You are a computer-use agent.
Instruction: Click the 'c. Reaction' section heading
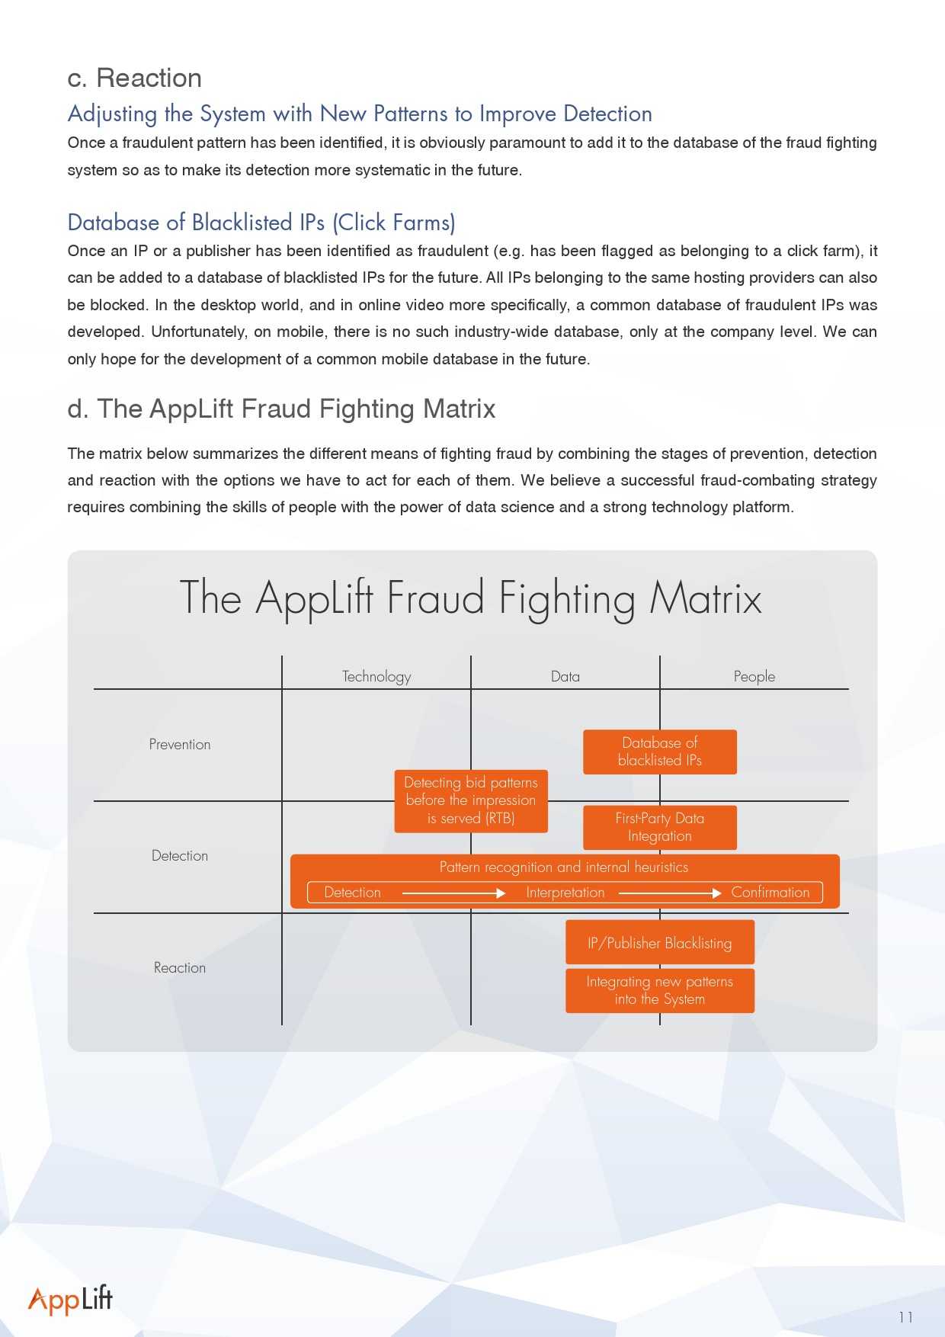(135, 78)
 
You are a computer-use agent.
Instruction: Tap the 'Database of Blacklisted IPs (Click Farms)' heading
(261, 223)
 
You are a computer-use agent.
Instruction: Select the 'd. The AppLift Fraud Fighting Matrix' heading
(281, 409)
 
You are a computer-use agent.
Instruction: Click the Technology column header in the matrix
(376, 676)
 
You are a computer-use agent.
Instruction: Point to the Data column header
(565, 676)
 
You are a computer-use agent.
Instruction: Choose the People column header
(754, 676)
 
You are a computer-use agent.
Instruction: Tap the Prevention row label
(180, 745)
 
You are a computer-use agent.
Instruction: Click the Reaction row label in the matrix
(180, 968)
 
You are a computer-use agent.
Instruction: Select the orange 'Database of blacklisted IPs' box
(660, 752)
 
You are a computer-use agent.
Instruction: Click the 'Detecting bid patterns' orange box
(471, 800)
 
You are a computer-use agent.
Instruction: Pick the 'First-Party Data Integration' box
(660, 827)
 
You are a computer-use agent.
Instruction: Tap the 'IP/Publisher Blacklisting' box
(660, 943)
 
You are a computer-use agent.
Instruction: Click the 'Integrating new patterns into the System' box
(660, 990)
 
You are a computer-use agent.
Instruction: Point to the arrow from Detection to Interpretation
(453, 893)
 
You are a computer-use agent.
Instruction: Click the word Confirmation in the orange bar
(770, 893)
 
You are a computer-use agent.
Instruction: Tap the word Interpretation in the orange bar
(565, 893)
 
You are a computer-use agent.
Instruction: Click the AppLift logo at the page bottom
(70, 1300)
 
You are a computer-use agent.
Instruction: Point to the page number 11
(905, 1317)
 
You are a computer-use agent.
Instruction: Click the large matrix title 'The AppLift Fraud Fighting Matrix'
(471, 598)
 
